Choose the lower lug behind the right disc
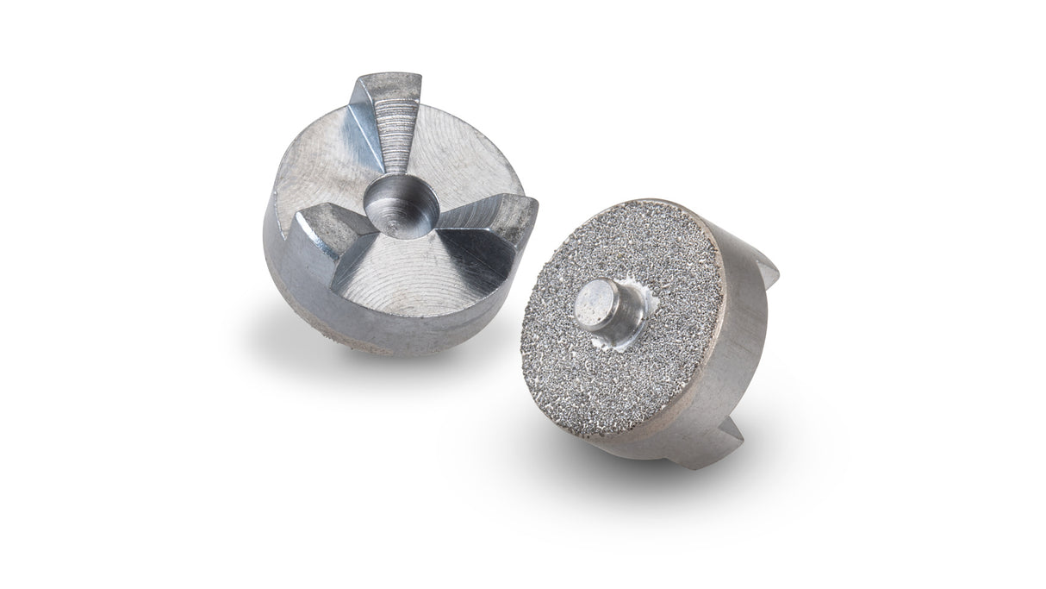point(732,440)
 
